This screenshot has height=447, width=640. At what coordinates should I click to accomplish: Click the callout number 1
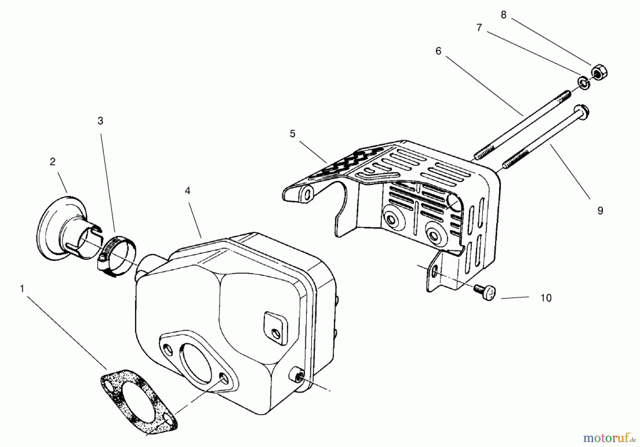pos(22,289)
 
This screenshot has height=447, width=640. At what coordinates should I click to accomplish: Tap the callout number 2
pos(53,162)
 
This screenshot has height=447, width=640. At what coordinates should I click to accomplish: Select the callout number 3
pos(100,121)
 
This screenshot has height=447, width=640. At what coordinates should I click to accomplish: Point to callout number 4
pos(187,191)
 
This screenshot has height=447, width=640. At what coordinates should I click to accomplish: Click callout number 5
pos(292,134)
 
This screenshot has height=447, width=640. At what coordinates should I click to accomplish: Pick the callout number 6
pos(438,51)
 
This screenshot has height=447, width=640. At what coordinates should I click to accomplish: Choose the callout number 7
pos(479,28)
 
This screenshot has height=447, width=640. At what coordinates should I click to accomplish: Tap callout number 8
pos(503,15)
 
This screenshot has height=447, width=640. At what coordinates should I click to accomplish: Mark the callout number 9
pos(600,211)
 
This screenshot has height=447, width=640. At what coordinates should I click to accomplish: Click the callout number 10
pos(546,298)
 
